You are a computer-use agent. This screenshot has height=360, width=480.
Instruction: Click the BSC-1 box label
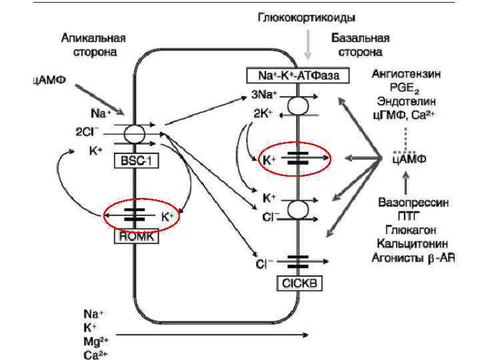pos(137,161)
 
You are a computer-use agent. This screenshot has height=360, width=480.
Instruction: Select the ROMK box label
pos(137,235)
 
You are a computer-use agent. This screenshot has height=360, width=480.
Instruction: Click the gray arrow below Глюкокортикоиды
pos(307,44)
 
